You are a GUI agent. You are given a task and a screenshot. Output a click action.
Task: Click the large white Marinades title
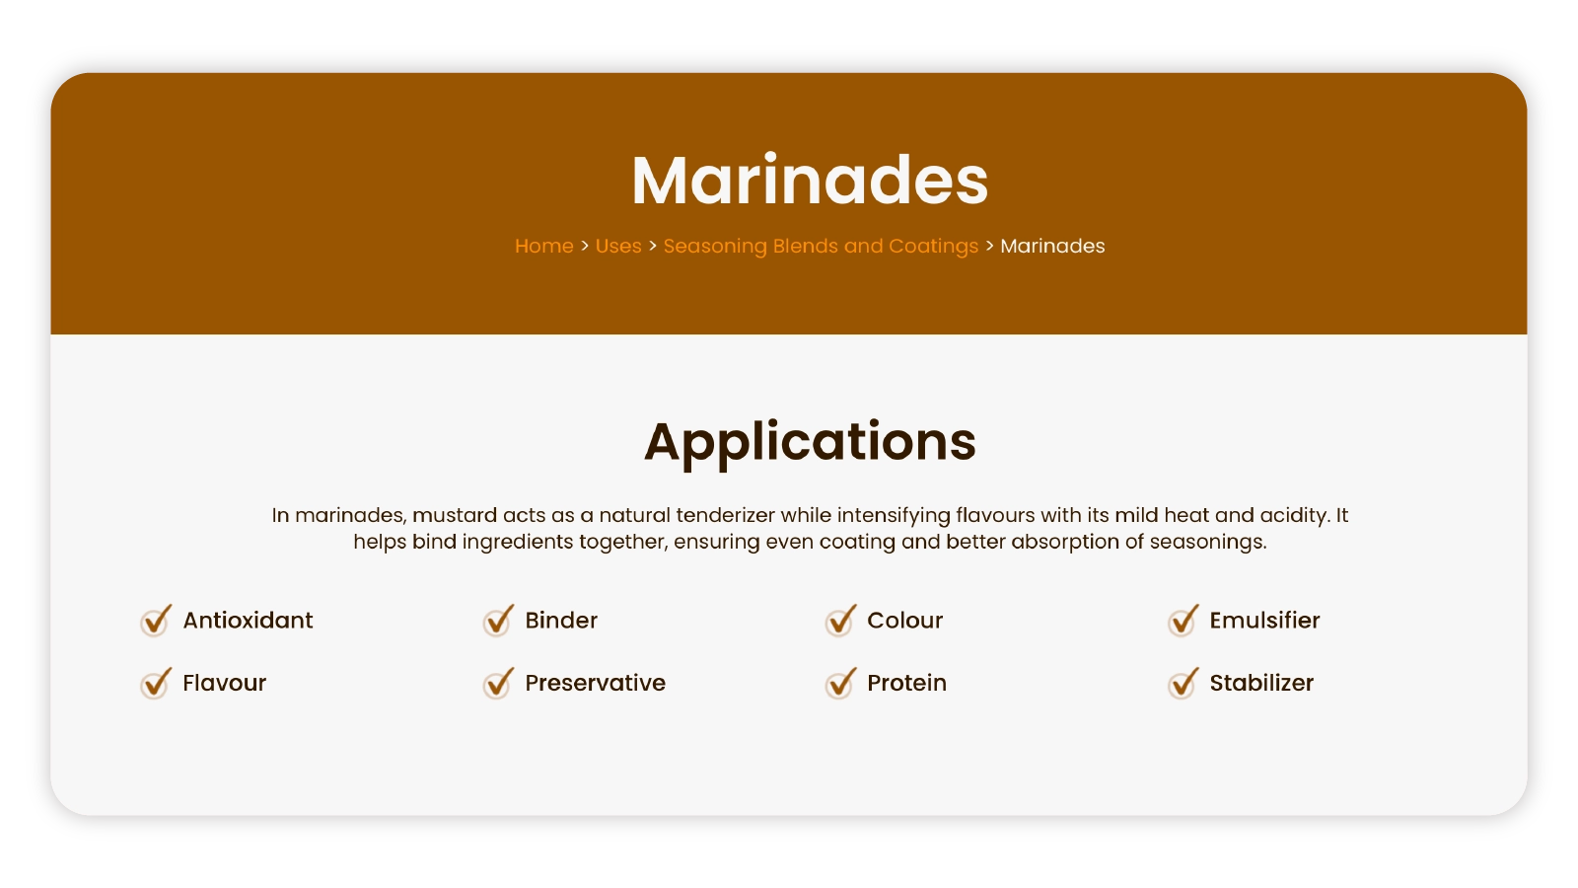pos(810,181)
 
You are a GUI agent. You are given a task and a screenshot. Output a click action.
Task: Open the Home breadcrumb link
pos(543,246)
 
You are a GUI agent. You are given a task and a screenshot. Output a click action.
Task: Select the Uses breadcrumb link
pos(618,246)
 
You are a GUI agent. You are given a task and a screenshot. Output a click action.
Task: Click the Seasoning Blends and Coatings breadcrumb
pos(821,246)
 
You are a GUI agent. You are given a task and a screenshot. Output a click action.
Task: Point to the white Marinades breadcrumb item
pos(1052,246)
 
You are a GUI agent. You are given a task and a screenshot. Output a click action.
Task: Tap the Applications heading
pos(810,443)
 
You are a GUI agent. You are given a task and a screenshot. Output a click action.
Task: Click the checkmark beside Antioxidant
pos(156,621)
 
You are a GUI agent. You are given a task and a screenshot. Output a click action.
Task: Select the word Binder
pos(561,621)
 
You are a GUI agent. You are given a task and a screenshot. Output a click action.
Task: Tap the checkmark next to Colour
pos(840,621)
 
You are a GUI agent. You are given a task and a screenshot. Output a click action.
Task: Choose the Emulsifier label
pos(1264,621)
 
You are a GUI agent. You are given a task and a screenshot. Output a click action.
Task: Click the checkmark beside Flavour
pos(156,683)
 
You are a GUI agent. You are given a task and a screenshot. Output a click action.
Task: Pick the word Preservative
pos(596,683)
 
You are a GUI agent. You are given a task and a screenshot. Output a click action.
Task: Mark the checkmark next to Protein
pos(840,683)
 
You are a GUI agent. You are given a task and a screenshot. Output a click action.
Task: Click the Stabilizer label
pos(1261,683)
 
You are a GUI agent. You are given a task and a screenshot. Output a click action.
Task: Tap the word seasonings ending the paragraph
pos(1208,543)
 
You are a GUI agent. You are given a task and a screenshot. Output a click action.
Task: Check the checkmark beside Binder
pos(498,621)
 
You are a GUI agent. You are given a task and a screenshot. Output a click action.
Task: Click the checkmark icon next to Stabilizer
pos(1183,683)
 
